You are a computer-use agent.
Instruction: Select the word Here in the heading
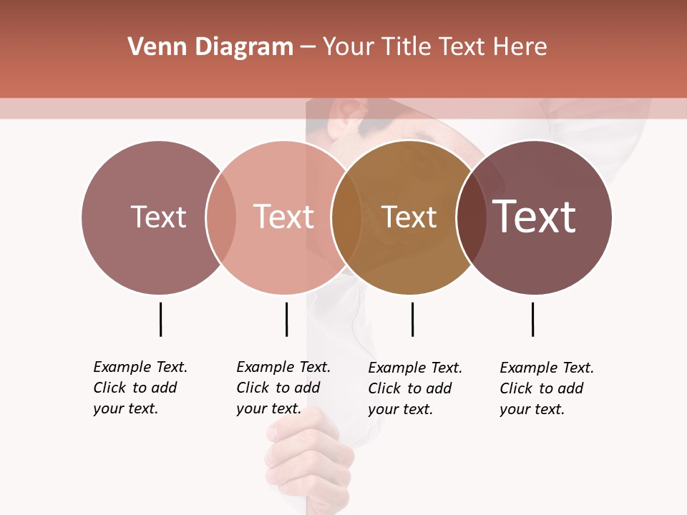[520, 46]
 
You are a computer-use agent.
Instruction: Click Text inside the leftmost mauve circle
[158, 217]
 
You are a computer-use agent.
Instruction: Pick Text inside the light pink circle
[283, 217]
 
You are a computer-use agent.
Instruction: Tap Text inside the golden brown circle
[409, 217]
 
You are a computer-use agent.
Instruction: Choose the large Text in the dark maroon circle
[535, 217]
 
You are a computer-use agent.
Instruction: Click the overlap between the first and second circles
[221, 217]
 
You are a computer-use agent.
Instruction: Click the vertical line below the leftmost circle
[160, 319]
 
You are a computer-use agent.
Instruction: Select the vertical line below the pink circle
[286, 319]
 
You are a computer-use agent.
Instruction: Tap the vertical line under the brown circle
[412, 319]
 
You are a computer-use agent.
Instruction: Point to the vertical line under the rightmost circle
[532, 319]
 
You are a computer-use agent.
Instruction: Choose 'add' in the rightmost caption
[571, 388]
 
